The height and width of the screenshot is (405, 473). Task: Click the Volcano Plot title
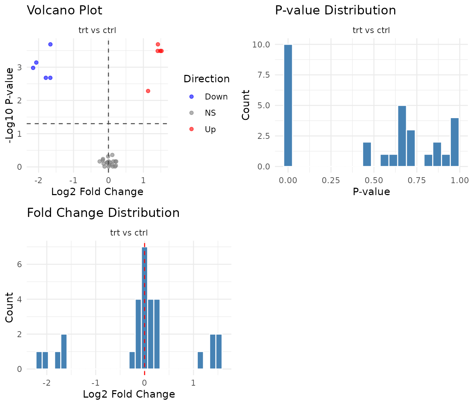click(x=64, y=11)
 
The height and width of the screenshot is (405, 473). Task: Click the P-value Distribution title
click(x=335, y=11)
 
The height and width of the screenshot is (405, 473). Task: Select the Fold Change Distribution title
click(x=103, y=213)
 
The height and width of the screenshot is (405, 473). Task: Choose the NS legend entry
click(x=210, y=113)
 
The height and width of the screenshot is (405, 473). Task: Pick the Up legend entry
click(x=210, y=129)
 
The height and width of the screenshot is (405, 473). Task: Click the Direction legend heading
click(x=207, y=79)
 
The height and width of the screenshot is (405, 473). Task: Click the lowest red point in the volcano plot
click(x=148, y=91)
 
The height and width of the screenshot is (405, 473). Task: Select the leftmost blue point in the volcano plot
click(x=33, y=68)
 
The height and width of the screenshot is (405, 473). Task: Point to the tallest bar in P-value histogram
click(x=288, y=105)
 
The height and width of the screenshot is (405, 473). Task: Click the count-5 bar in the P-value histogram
click(x=402, y=136)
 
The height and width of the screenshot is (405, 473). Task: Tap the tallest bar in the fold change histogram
click(x=144, y=308)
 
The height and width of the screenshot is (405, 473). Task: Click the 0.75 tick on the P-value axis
click(x=417, y=180)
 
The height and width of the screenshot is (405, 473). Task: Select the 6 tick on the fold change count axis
click(x=19, y=264)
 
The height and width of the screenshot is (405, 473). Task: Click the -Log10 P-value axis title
click(x=10, y=105)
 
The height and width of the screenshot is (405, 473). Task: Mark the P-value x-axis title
click(x=371, y=192)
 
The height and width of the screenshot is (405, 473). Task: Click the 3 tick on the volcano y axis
click(x=19, y=67)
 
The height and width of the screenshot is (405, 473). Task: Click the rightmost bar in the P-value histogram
click(x=455, y=142)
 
